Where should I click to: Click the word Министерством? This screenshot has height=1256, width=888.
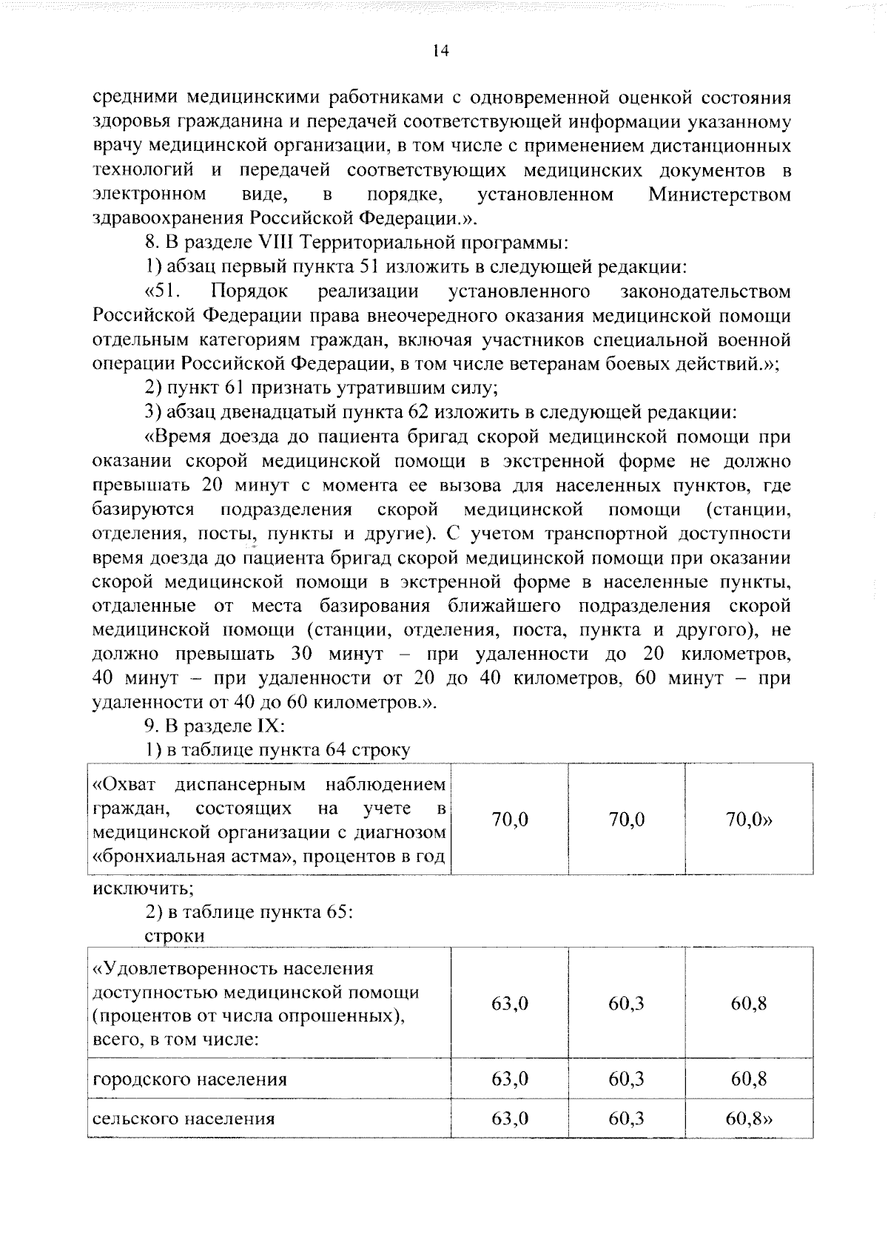point(719,195)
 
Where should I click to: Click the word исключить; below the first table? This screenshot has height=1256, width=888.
point(141,888)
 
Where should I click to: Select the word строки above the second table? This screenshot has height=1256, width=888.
point(175,936)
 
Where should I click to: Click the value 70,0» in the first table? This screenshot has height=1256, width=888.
point(749,820)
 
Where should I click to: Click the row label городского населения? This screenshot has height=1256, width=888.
point(189,1078)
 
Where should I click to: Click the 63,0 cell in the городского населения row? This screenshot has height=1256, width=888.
point(510,1078)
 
